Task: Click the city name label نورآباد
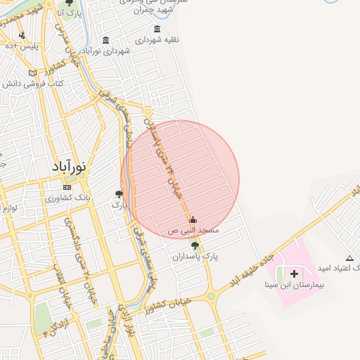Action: tap(69, 167)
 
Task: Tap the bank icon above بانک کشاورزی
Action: tap(67, 188)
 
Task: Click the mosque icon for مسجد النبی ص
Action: tap(193, 219)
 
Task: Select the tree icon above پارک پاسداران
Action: tap(195, 245)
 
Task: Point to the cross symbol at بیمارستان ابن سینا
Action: tap(294, 273)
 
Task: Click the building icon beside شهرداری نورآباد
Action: tap(105, 40)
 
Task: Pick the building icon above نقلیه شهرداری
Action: tap(157, 29)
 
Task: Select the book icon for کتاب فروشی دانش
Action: tap(32, 73)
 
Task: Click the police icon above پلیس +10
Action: tap(22, 35)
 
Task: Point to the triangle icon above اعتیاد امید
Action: tap(349, 257)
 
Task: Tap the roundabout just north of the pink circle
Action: tap(148, 111)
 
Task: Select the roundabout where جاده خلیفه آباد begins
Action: tap(211, 296)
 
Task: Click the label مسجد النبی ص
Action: tap(193, 230)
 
